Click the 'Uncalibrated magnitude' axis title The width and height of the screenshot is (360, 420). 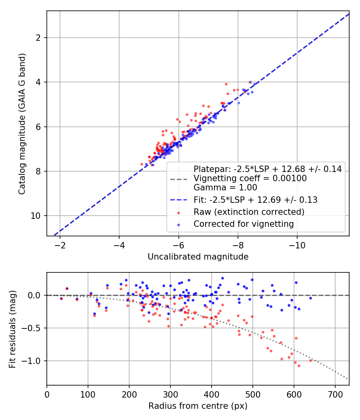pos(198,257)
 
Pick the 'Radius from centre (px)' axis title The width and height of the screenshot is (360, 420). pos(198,406)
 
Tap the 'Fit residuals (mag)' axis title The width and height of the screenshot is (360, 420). pos(12,329)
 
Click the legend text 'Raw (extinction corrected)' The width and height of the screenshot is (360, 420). pos(249,212)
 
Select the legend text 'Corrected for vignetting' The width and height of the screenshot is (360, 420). pos(244,224)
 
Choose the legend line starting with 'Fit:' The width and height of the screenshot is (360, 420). pos(255,200)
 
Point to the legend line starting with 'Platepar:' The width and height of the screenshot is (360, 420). pos(268,169)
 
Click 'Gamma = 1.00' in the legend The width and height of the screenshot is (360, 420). pos(225,187)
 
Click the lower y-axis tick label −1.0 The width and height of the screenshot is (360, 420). pos(34,361)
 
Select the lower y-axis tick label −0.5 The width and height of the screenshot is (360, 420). pos(34,328)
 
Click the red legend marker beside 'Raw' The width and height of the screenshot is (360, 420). pos(179,212)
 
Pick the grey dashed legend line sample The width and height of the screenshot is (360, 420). pos(179,178)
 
